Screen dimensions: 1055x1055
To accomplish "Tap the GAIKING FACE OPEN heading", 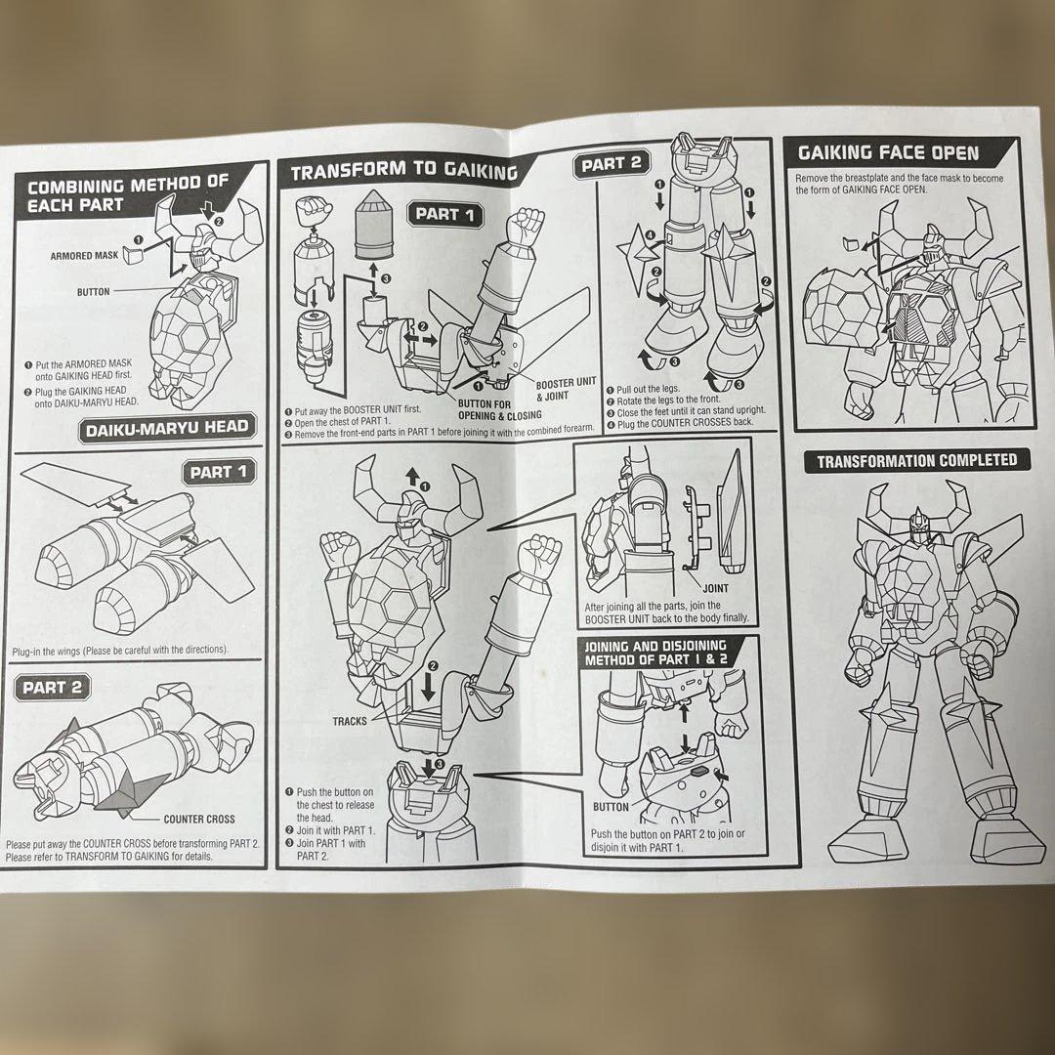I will (888, 153).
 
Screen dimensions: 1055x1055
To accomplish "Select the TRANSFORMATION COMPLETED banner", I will (916, 461).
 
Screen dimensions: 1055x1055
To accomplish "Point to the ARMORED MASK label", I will (86, 255).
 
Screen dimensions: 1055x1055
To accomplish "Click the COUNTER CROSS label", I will (199, 819).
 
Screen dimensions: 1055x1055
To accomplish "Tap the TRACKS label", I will (349, 721).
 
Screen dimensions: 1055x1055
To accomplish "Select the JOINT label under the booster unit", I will (715, 589).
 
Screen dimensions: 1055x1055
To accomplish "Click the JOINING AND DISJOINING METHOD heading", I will (655, 653).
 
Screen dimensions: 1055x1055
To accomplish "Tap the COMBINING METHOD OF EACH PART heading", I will (127, 194).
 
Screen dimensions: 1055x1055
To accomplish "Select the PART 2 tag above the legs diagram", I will (612, 164).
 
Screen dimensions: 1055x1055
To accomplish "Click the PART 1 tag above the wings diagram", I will (218, 473).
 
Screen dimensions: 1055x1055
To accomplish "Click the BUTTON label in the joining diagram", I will (611, 807).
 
